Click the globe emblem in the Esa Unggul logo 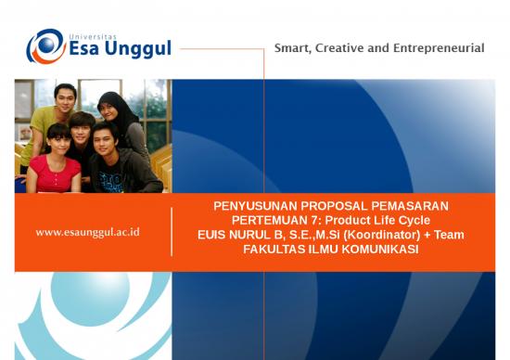coord(45,46)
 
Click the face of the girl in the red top coord(57,138)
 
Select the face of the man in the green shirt coord(64,96)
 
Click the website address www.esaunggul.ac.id coord(87,231)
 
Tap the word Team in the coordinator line coord(448,236)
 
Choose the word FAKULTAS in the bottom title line coord(274,251)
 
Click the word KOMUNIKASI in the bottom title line coord(378,251)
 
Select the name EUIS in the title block coord(214,236)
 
